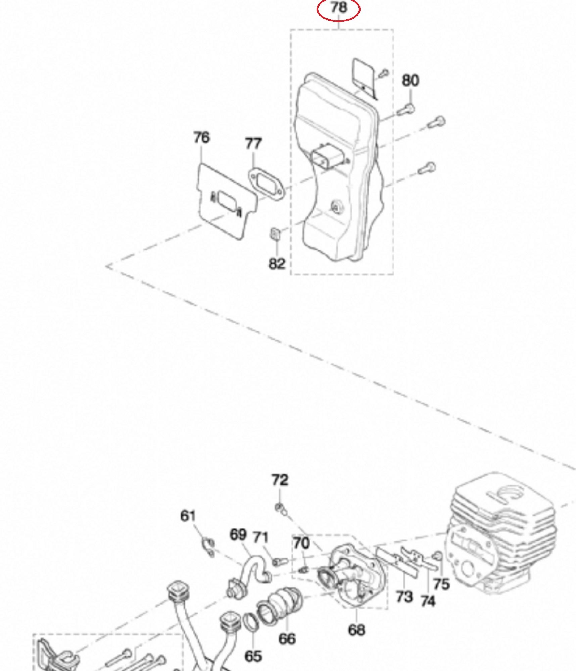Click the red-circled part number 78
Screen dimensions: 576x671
(339, 7)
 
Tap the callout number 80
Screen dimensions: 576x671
(410, 81)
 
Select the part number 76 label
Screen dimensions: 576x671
(201, 137)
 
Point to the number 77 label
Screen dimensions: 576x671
(253, 144)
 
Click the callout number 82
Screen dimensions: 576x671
(277, 264)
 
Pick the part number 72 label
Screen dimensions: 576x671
(280, 480)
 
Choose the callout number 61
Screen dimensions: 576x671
(188, 516)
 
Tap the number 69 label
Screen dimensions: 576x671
(238, 535)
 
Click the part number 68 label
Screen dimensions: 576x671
(356, 630)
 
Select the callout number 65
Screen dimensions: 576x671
(253, 656)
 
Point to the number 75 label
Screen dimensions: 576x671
(441, 584)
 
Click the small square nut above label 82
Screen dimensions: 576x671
(275, 234)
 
